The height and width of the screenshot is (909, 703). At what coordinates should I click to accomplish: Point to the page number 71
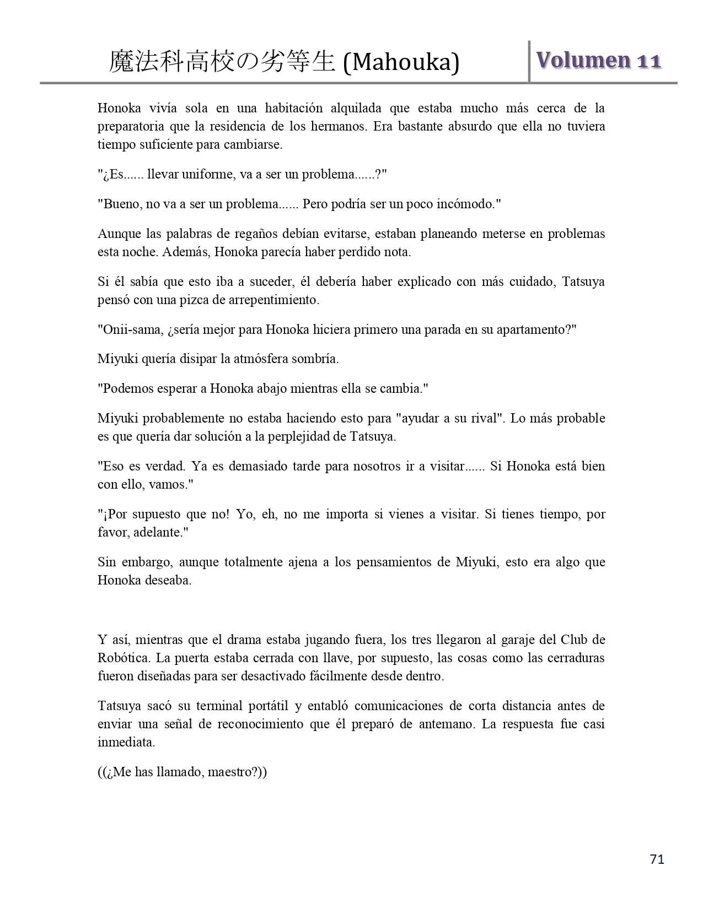point(657,859)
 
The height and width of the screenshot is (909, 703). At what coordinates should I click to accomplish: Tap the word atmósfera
point(265,359)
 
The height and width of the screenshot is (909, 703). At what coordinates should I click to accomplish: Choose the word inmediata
point(126,742)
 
